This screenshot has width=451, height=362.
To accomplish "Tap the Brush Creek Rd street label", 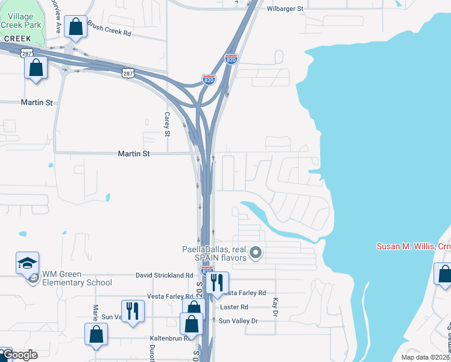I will tap(109, 29).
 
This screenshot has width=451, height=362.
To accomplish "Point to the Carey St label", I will tap(168, 124).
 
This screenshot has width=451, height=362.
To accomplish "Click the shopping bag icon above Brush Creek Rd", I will tap(75, 27).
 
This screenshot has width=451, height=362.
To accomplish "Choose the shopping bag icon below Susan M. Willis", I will tap(444, 275).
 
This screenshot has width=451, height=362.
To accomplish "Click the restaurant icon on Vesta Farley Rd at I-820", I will tap(217, 282).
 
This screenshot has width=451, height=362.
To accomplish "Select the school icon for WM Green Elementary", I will tap(28, 263).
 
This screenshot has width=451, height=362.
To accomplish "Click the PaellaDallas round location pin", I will tap(255, 253).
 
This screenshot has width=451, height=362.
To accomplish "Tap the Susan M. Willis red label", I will tap(414, 246).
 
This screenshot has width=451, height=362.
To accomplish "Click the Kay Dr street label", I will tap(275, 306).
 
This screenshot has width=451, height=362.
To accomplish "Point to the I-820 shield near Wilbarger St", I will tap(231, 59).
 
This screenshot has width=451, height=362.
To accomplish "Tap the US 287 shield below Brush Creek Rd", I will tap(127, 73).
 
